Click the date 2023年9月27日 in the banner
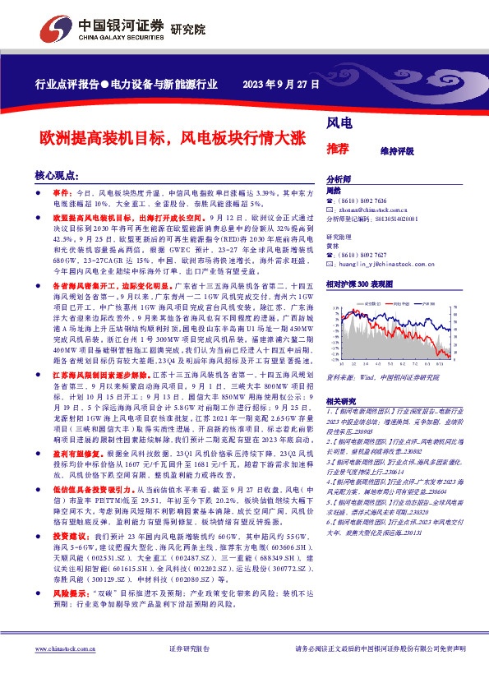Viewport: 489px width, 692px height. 280,84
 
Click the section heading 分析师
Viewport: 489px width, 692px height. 339,179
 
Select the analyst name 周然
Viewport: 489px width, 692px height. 334,190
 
